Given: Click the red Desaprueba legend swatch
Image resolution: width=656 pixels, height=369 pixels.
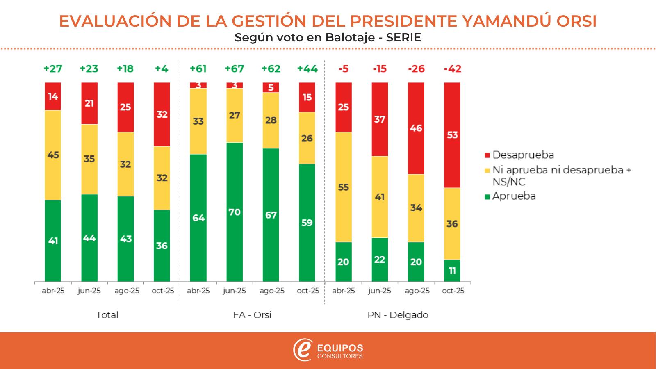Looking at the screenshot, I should tap(487, 155).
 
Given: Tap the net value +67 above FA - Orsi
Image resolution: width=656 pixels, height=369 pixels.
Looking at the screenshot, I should tap(235, 68).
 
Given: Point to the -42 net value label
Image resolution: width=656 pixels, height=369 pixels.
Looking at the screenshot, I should tap(452, 68).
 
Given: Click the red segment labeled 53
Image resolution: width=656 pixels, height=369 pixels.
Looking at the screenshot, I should tap(452, 135).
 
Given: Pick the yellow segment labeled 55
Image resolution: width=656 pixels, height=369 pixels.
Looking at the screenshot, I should tap(344, 187).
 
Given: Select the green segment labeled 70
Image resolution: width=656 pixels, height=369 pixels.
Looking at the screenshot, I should tap(235, 212).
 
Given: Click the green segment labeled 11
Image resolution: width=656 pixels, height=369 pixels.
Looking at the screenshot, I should tap(452, 271).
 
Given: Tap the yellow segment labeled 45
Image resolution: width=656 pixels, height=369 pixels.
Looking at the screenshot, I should tap(53, 155).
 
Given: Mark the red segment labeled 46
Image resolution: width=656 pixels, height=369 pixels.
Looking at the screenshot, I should tap(416, 128).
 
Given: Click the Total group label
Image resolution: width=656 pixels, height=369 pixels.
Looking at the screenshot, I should tap(107, 315).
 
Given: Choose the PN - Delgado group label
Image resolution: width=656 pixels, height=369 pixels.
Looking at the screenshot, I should tap(398, 315).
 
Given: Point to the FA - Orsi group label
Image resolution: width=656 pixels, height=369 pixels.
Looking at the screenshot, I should tap(252, 315).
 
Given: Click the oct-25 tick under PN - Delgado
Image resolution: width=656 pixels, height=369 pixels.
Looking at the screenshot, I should tap(453, 291).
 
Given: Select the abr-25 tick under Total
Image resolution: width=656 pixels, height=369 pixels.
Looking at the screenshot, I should tap(53, 291).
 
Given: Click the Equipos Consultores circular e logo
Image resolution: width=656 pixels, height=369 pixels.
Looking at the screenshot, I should tap(303, 350).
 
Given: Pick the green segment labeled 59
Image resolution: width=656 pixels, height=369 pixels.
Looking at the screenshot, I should tap(307, 223).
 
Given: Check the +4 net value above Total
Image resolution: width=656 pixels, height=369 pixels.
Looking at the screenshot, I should tap(162, 68).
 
